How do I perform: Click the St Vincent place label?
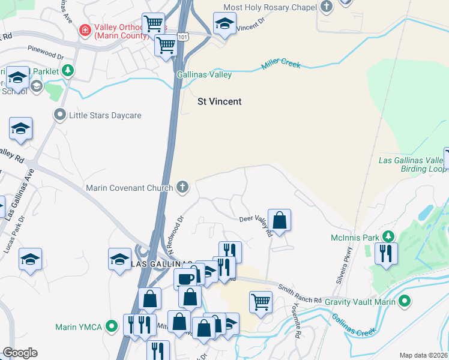pos(220,101)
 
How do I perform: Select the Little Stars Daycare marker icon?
pos(59,115)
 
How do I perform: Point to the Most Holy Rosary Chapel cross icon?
pos(326,7)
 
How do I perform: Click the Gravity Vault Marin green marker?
pos(405,301)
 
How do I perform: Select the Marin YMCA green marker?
pos(111,327)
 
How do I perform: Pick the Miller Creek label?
pos(281,65)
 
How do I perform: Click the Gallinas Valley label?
pos(204,75)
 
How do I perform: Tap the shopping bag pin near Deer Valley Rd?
pos(280,220)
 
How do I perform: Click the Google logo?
pos(20,353)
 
